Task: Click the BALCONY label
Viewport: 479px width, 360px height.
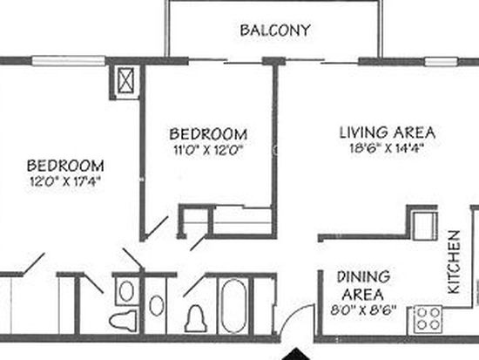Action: [275, 31]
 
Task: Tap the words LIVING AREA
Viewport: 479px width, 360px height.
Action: [388, 132]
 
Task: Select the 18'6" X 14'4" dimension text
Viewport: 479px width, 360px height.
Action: [388, 148]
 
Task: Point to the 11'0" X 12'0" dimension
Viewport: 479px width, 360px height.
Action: [208, 150]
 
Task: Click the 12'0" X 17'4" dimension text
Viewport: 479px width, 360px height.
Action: [65, 182]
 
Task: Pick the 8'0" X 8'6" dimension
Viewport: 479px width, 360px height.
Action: [363, 310]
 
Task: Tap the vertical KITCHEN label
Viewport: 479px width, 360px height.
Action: [454, 262]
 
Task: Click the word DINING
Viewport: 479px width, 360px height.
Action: [363, 277]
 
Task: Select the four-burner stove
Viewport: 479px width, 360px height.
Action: [428, 320]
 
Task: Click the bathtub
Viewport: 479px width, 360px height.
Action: [233, 306]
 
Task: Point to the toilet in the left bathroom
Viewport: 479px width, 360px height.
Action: [123, 320]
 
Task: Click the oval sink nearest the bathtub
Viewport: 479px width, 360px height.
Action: [157, 305]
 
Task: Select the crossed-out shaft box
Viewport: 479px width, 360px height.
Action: [126, 80]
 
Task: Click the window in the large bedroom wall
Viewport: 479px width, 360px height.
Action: [69, 60]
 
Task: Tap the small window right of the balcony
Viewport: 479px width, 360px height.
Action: [442, 62]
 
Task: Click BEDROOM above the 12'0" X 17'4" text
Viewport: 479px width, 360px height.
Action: [65, 166]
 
